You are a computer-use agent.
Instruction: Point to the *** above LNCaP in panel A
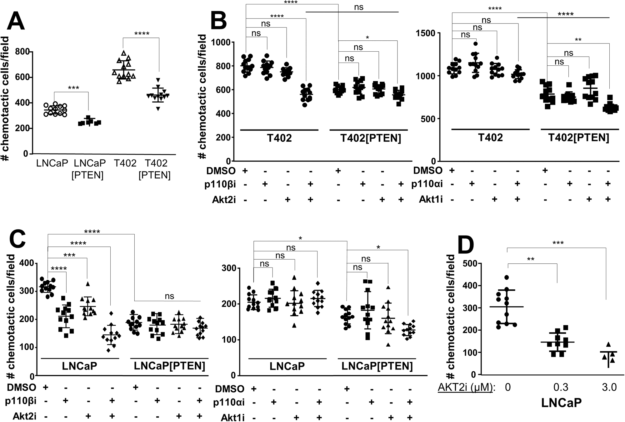[73, 88]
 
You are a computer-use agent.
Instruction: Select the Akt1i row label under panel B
[431, 200]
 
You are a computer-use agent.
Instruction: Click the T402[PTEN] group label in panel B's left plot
[370, 138]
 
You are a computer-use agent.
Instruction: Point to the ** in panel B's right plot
[578, 40]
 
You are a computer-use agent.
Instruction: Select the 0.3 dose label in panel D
[561, 387]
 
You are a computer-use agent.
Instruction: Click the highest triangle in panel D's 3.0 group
[608, 344]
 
